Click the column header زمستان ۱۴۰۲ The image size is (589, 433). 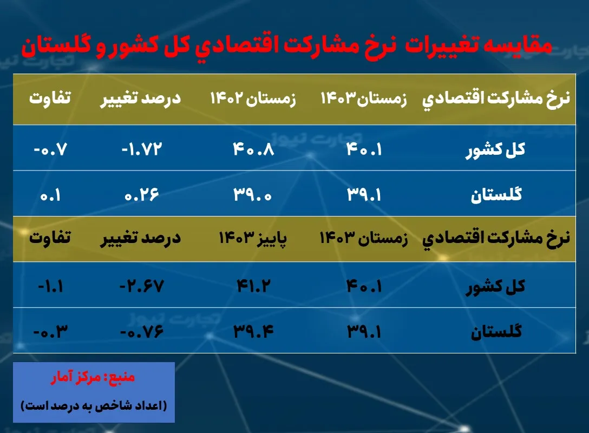pos(253,100)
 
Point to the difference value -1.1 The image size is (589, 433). pos(51,285)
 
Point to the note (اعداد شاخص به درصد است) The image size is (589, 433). pos(94,405)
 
